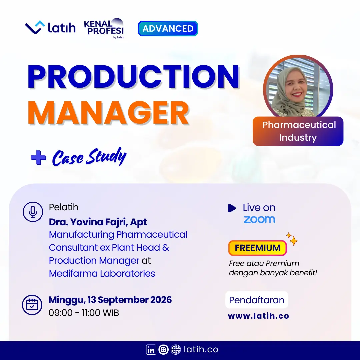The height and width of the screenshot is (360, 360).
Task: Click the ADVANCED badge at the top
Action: tap(168, 28)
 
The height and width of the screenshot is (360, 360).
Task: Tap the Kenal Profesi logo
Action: tap(104, 28)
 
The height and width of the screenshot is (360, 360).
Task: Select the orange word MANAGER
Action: tap(108, 113)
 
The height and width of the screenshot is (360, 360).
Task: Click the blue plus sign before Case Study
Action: tap(38, 157)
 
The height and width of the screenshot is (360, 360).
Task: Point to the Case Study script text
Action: tap(89, 157)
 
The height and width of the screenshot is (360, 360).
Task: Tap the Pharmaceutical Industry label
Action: tap(298, 131)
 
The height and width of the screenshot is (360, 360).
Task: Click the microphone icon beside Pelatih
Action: tap(33, 212)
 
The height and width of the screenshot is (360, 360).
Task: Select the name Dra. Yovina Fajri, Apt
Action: tap(98, 222)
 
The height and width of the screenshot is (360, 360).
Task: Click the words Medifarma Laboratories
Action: tap(102, 273)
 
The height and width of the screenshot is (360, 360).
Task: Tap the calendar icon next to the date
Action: tap(32, 305)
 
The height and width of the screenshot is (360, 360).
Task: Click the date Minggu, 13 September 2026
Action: tap(110, 300)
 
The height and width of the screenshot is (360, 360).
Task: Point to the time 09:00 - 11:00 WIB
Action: tap(84, 313)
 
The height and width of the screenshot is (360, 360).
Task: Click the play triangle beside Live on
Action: tap(232, 208)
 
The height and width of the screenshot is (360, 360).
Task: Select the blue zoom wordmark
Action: tap(259, 219)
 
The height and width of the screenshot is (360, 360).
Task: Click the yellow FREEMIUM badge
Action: tap(257, 248)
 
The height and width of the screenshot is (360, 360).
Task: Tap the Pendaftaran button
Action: tap(257, 300)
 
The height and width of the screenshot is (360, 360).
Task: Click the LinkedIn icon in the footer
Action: tap(151, 350)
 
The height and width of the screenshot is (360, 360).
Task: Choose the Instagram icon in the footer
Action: tap(163, 350)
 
